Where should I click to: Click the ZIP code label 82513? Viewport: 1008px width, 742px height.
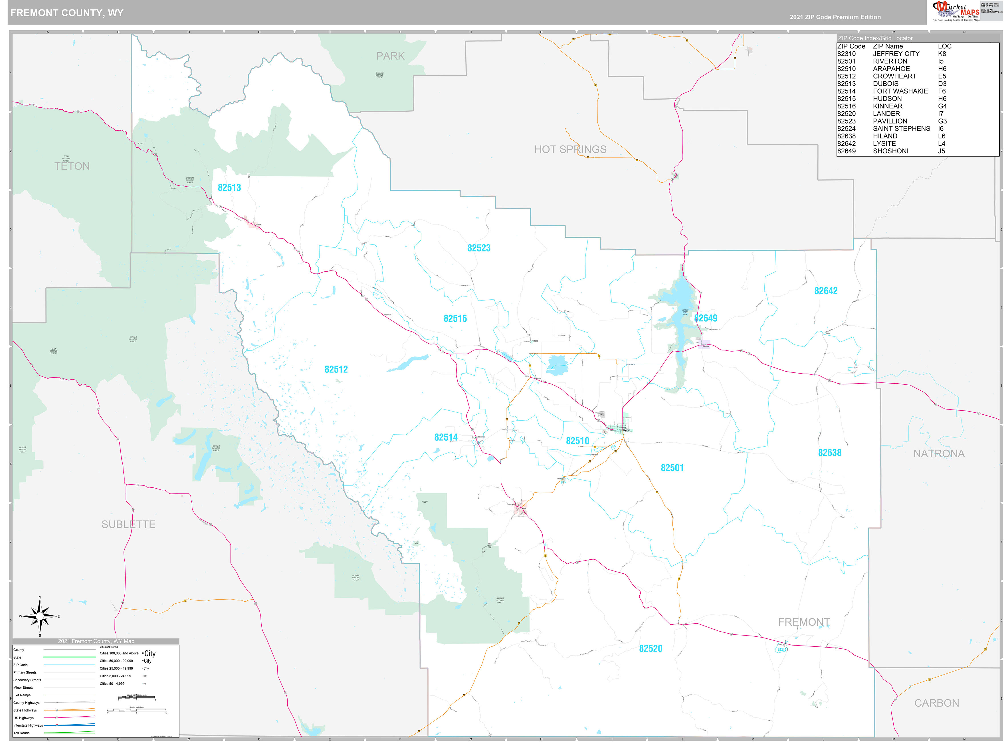point(229,188)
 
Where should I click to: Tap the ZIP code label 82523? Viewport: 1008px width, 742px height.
point(479,248)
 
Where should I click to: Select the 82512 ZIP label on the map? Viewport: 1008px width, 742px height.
point(336,369)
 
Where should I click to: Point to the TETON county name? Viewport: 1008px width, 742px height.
point(72,166)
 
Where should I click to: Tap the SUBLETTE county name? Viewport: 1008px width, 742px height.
point(128,524)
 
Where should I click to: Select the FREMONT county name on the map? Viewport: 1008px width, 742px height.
point(804,622)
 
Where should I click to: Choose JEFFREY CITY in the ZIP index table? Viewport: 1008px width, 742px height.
point(896,53)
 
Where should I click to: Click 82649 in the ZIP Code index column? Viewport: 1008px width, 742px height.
point(846,151)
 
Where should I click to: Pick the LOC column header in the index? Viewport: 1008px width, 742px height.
point(944,46)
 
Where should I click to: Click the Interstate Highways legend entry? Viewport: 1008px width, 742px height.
point(28,725)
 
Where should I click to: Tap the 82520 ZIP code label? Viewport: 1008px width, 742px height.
point(650,648)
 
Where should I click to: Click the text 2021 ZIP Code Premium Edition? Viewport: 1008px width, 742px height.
point(835,17)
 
